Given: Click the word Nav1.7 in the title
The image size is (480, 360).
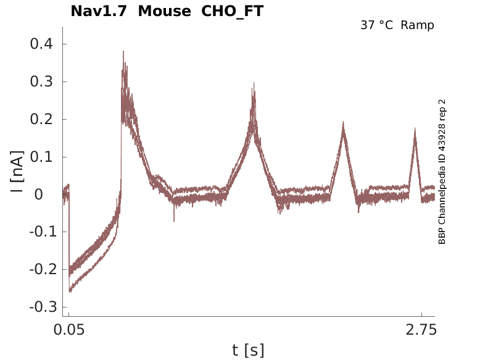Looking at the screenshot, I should click(x=99, y=11).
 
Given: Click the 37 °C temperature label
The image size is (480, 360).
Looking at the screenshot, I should click(x=377, y=25).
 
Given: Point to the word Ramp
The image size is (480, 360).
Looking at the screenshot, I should click(x=417, y=25).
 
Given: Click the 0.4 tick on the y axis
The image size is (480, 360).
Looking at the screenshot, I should click(x=42, y=44).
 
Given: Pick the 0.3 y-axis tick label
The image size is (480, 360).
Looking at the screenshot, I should click(x=42, y=82).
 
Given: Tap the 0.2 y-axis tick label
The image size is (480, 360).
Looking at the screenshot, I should click(x=42, y=120).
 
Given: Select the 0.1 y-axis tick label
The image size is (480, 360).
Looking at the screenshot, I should click(x=42, y=157).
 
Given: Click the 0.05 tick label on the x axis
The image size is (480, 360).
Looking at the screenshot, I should click(x=68, y=330).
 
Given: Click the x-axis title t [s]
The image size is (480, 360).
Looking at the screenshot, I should click(x=248, y=350).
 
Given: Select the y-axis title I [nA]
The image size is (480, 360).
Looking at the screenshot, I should click(x=17, y=172).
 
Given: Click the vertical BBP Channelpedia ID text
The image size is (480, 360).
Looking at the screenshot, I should click(x=442, y=172).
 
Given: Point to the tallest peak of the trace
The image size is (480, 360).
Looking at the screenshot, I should click(x=123, y=52).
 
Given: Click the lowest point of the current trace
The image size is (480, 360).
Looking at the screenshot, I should click(x=70, y=291).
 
